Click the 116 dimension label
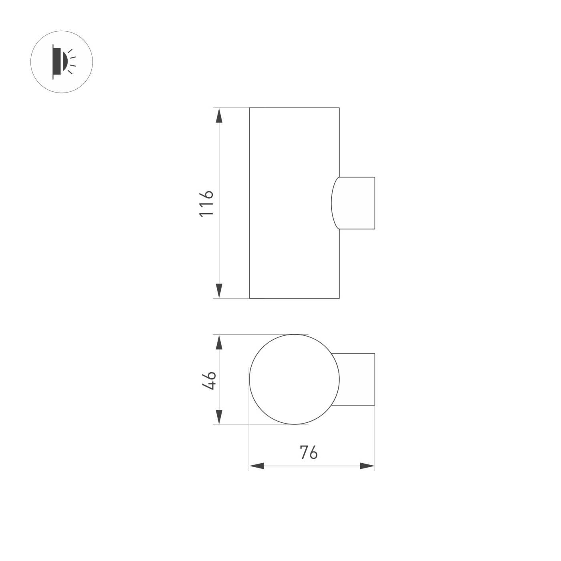206,203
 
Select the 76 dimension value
309,452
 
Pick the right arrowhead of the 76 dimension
367,466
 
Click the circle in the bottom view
294,379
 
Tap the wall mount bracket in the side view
355,203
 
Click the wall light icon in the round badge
58,62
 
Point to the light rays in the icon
71,62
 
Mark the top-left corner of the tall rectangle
249,108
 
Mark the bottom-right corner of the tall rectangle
339,298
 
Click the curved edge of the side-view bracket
332,203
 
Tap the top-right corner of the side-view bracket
375,177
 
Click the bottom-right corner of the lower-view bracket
375,405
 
